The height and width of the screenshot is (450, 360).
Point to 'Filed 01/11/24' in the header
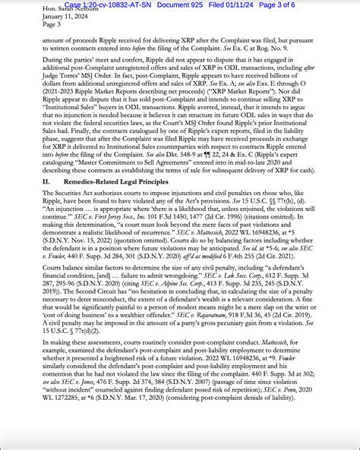coord(244,5)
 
